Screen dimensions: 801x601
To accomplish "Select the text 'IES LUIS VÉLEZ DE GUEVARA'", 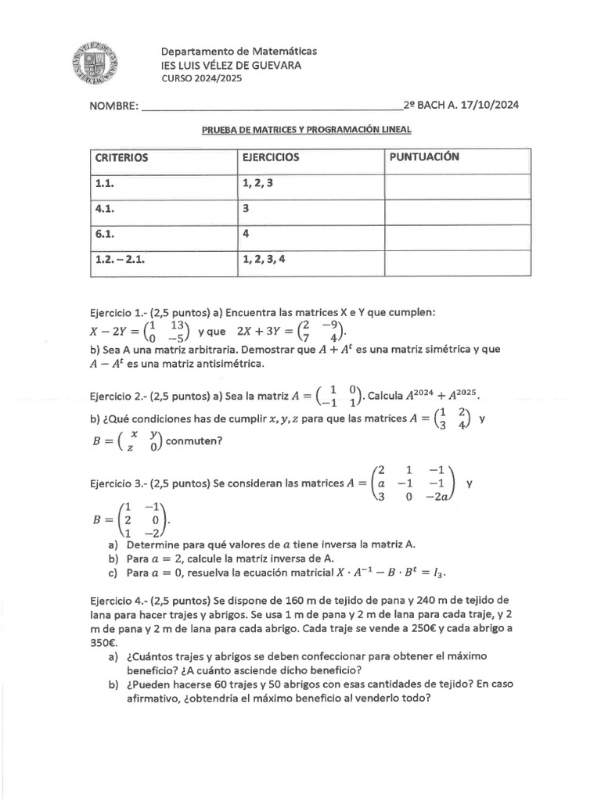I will click(x=227, y=66).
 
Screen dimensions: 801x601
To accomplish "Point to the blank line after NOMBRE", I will click(x=270, y=106).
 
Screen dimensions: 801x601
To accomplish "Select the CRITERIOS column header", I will click(x=121, y=157).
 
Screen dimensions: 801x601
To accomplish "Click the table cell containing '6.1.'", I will click(x=105, y=233).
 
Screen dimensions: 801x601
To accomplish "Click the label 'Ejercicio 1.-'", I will click(x=118, y=312).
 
